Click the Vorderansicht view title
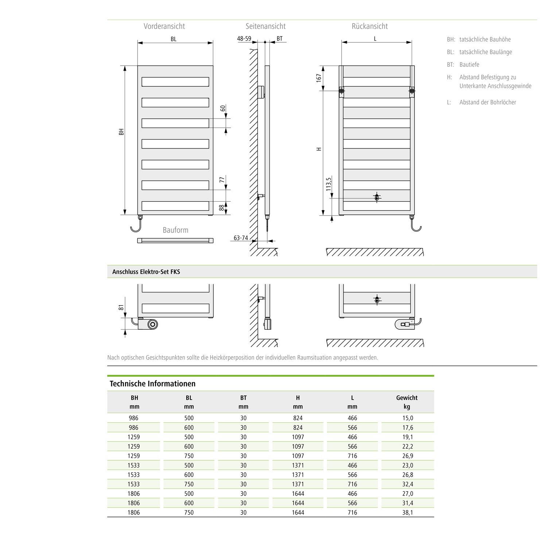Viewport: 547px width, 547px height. point(164,26)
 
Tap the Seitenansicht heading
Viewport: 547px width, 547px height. point(265,26)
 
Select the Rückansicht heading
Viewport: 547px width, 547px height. point(369,26)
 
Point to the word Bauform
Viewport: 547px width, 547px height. point(175,230)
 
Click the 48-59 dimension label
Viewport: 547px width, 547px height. point(244,38)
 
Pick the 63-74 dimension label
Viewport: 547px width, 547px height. point(241,238)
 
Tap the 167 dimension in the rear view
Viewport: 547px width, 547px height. point(319,78)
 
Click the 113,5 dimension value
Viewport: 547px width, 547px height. point(329,185)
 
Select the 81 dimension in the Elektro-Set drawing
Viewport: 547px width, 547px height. point(121,307)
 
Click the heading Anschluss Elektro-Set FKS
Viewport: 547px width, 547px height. point(146,272)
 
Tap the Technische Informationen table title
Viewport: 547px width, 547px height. point(152,384)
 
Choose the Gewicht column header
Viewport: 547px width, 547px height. point(407,398)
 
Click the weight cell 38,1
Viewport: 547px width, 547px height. point(408,512)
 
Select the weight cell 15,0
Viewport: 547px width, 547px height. point(408,418)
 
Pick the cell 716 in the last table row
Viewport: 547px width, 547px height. point(352,512)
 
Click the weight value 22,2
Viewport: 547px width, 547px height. point(408,446)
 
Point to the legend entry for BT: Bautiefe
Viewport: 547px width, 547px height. point(463,65)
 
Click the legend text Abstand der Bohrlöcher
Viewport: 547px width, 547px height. point(488,102)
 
